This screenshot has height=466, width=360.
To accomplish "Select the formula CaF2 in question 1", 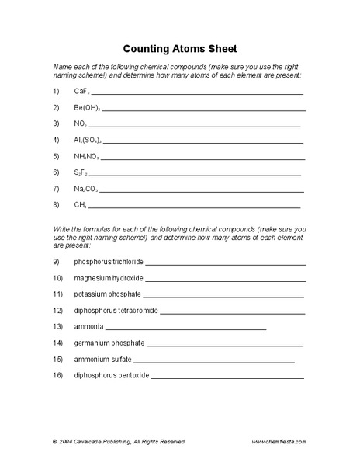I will pos(81,91).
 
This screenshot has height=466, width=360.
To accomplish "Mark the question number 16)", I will pos(57,375).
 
